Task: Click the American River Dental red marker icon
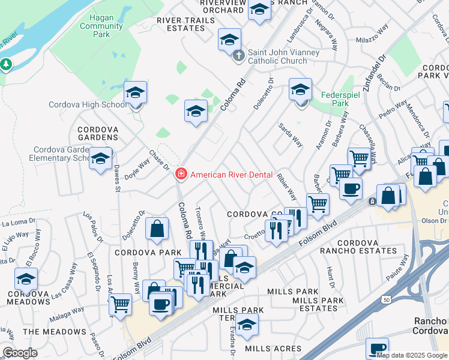coord(179,175)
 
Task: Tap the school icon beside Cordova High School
coord(136,94)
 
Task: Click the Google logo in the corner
coord(19,353)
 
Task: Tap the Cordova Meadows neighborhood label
coord(29,301)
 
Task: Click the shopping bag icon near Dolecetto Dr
coord(157,229)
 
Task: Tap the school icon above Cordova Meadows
coord(26,279)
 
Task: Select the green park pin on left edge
coord(6,64)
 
